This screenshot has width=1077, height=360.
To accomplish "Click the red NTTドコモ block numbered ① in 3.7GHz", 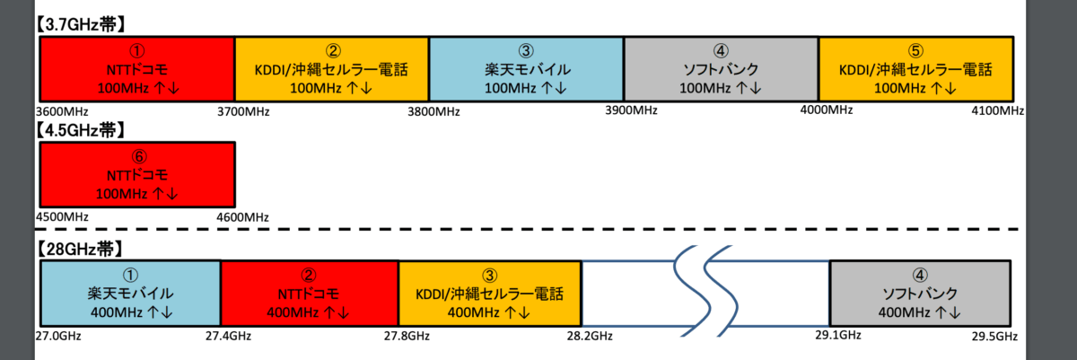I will coord(137,68).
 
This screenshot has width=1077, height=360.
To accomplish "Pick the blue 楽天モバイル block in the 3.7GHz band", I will coord(526,68).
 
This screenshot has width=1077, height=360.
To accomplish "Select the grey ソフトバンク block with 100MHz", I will coord(721,68).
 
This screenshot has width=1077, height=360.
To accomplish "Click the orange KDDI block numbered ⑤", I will coord(915,68).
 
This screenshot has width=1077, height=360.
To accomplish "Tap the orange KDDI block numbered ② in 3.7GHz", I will coord(331,68).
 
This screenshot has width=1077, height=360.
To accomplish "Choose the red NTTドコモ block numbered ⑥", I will coord(137,173).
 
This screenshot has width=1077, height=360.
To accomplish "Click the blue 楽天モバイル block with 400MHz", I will coord(130,293).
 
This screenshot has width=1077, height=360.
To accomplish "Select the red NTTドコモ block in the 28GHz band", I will coord(309,293).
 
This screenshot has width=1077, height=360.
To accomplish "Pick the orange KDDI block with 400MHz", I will coord(489,293).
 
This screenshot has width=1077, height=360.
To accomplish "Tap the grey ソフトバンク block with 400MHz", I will coord(922,293).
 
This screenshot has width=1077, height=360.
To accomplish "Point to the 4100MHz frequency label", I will coord(999,110).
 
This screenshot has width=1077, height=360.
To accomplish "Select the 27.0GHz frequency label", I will coord(57,336).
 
